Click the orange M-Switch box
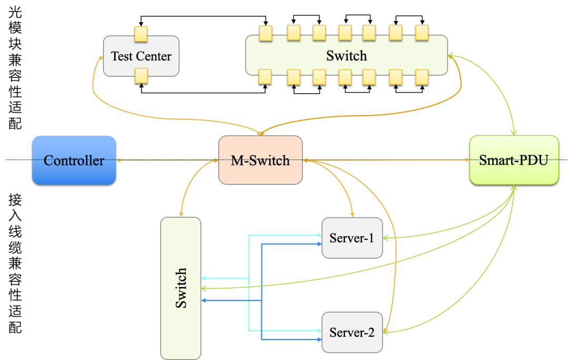coord(260,160)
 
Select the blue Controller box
coord(74,160)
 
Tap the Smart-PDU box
coord(514,160)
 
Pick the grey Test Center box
coord(141,56)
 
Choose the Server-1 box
coord(352,238)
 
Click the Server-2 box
coord(352,332)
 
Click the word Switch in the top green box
coord(346,55)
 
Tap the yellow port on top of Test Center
coord(141,34)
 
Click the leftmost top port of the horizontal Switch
coord(266,33)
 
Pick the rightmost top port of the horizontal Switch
coord(422,33)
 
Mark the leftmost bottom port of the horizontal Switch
coord(265,77)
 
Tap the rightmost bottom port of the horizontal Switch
coord(422,77)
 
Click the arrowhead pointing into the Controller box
coord(119,160)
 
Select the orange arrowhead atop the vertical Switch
coord(181,214)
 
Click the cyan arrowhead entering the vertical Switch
coord(204,278)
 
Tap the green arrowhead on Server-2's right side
coord(386,331)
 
